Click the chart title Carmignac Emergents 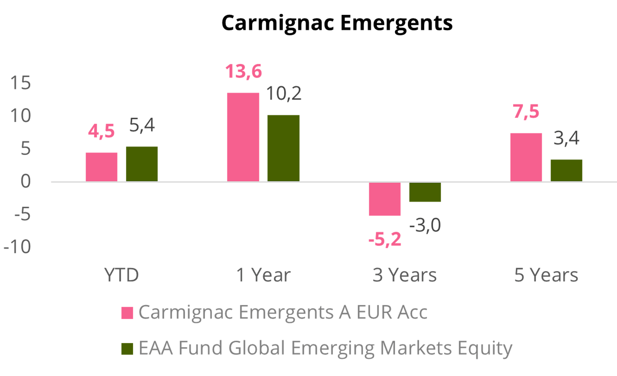pos(337,23)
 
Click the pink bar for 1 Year pos(243,137)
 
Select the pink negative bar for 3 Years pos(385,199)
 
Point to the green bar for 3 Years pos(425,192)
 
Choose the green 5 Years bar pos(566,170)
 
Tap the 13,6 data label pos(243,72)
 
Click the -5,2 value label pos(385,239)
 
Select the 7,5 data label pos(526,112)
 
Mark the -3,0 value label pos(425,225)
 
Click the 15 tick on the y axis pos(21,83)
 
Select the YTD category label pos(121,275)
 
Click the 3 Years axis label pos(405,275)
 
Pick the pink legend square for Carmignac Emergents pos(127,313)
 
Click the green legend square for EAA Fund pos(127,349)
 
